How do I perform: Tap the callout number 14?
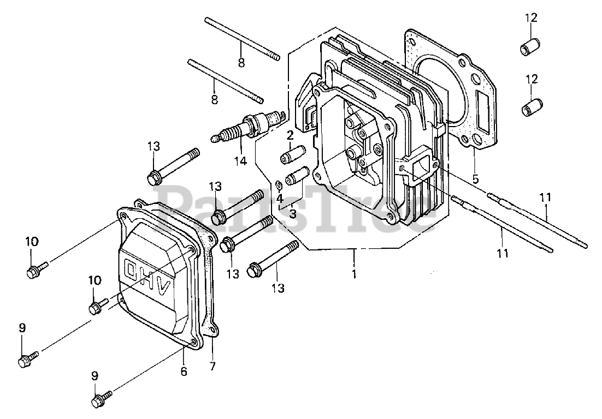[241, 161]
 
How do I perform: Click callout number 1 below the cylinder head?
[354, 274]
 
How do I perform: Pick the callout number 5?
[476, 179]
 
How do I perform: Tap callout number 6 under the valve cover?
[184, 371]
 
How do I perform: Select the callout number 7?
[213, 366]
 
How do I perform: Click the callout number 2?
[290, 135]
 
